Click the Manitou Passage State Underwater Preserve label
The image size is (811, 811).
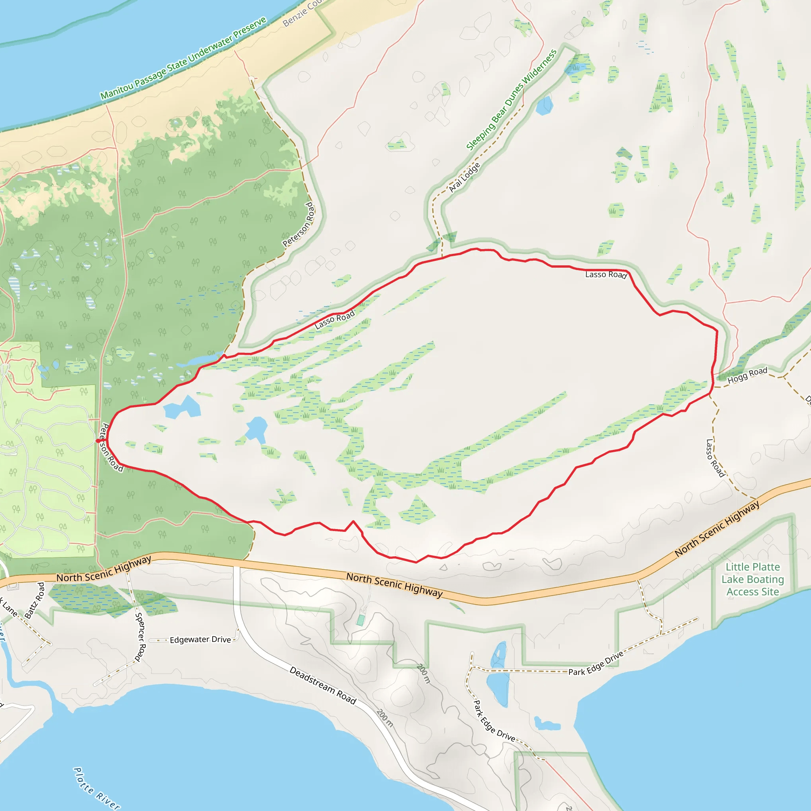click(x=183, y=58)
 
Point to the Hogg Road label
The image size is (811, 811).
click(x=747, y=375)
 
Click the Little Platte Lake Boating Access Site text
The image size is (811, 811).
click(x=753, y=579)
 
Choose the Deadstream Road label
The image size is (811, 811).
click(x=323, y=685)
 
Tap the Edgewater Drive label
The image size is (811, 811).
click(x=200, y=640)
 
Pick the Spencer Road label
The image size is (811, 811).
click(x=140, y=637)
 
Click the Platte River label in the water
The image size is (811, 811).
click(x=97, y=789)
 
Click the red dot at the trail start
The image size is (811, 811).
click(x=98, y=441)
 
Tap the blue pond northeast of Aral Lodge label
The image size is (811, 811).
click(x=544, y=105)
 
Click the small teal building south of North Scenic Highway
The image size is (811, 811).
click(x=360, y=620)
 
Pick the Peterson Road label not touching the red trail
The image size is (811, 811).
click(x=299, y=225)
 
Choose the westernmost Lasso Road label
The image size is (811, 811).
click(x=335, y=320)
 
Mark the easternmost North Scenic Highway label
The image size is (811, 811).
click(x=717, y=529)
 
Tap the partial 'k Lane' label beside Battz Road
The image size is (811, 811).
click(x=9, y=607)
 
